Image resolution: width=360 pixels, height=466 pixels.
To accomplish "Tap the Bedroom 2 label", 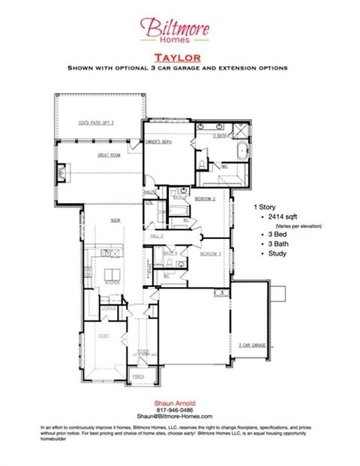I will tap(205, 199).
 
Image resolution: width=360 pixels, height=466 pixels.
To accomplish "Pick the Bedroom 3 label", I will tap(209, 255).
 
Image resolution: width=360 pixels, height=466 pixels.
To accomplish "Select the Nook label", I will tap(115, 220).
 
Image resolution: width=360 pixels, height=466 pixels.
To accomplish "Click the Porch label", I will tap(138, 376).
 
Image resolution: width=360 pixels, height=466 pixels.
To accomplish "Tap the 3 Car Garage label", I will tap(253, 345).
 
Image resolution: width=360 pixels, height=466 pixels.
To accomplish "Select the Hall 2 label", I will tap(157, 236).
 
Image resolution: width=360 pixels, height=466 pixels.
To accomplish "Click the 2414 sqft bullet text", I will tap(277, 217).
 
